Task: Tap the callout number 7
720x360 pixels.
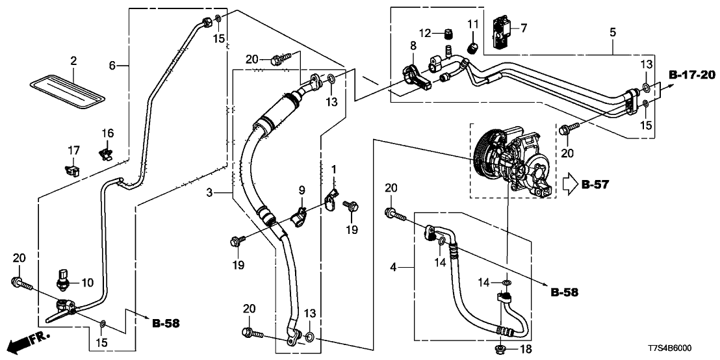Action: pos(524,27)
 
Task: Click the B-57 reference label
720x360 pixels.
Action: pos(595,185)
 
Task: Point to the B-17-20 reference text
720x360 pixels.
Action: pos(691,76)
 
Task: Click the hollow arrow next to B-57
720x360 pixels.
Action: pos(569,185)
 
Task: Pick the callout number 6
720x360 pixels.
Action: pos(112,65)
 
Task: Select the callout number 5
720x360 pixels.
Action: pos(612,30)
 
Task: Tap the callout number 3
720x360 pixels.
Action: pos(210,192)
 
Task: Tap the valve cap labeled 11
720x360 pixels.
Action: pos(472,47)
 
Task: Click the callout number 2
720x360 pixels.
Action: pos(73,60)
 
